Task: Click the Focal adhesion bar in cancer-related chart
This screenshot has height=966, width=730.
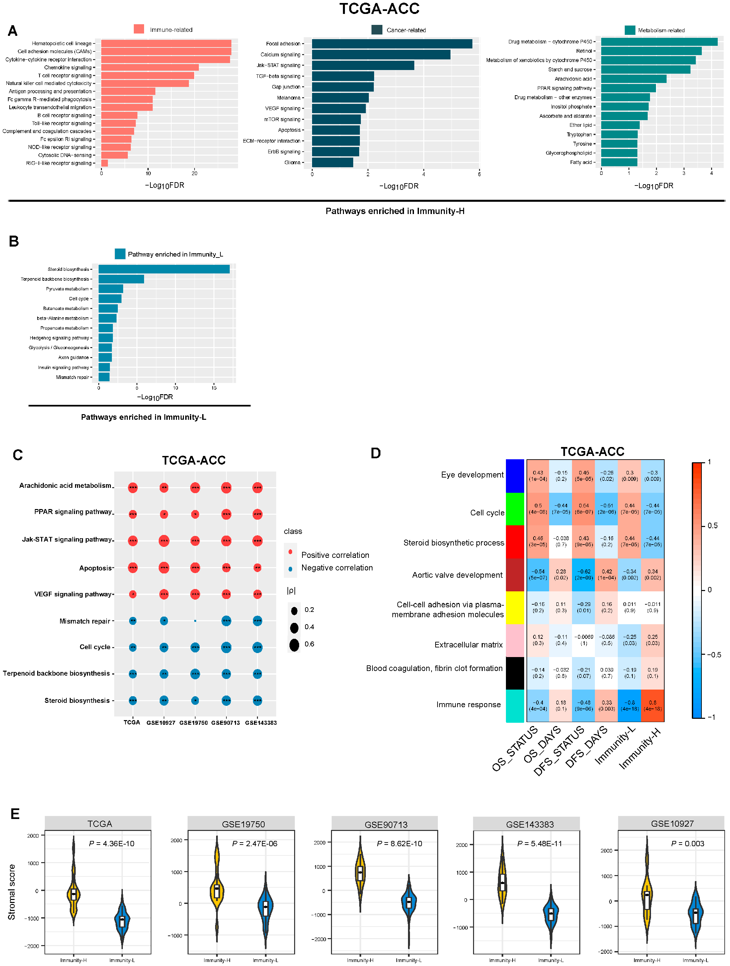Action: (x=391, y=44)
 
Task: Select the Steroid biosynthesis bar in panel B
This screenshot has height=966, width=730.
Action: (x=164, y=269)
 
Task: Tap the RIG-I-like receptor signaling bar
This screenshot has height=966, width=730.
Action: (x=105, y=163)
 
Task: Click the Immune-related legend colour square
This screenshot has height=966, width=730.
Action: (x=139, y=29)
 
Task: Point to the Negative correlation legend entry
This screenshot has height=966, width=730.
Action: (x=336, y=568)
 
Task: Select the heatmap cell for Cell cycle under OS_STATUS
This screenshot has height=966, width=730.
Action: (x=538, y=509)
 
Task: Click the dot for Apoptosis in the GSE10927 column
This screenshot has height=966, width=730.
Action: (x=164, y=568)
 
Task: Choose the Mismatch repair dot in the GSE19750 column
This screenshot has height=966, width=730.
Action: (x=195, y=621)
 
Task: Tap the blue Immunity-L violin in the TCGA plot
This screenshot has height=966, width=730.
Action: (x=122, y=921)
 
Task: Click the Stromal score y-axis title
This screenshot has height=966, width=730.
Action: (x=12, y=892)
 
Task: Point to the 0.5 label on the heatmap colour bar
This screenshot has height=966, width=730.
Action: (x=712, y=526)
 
